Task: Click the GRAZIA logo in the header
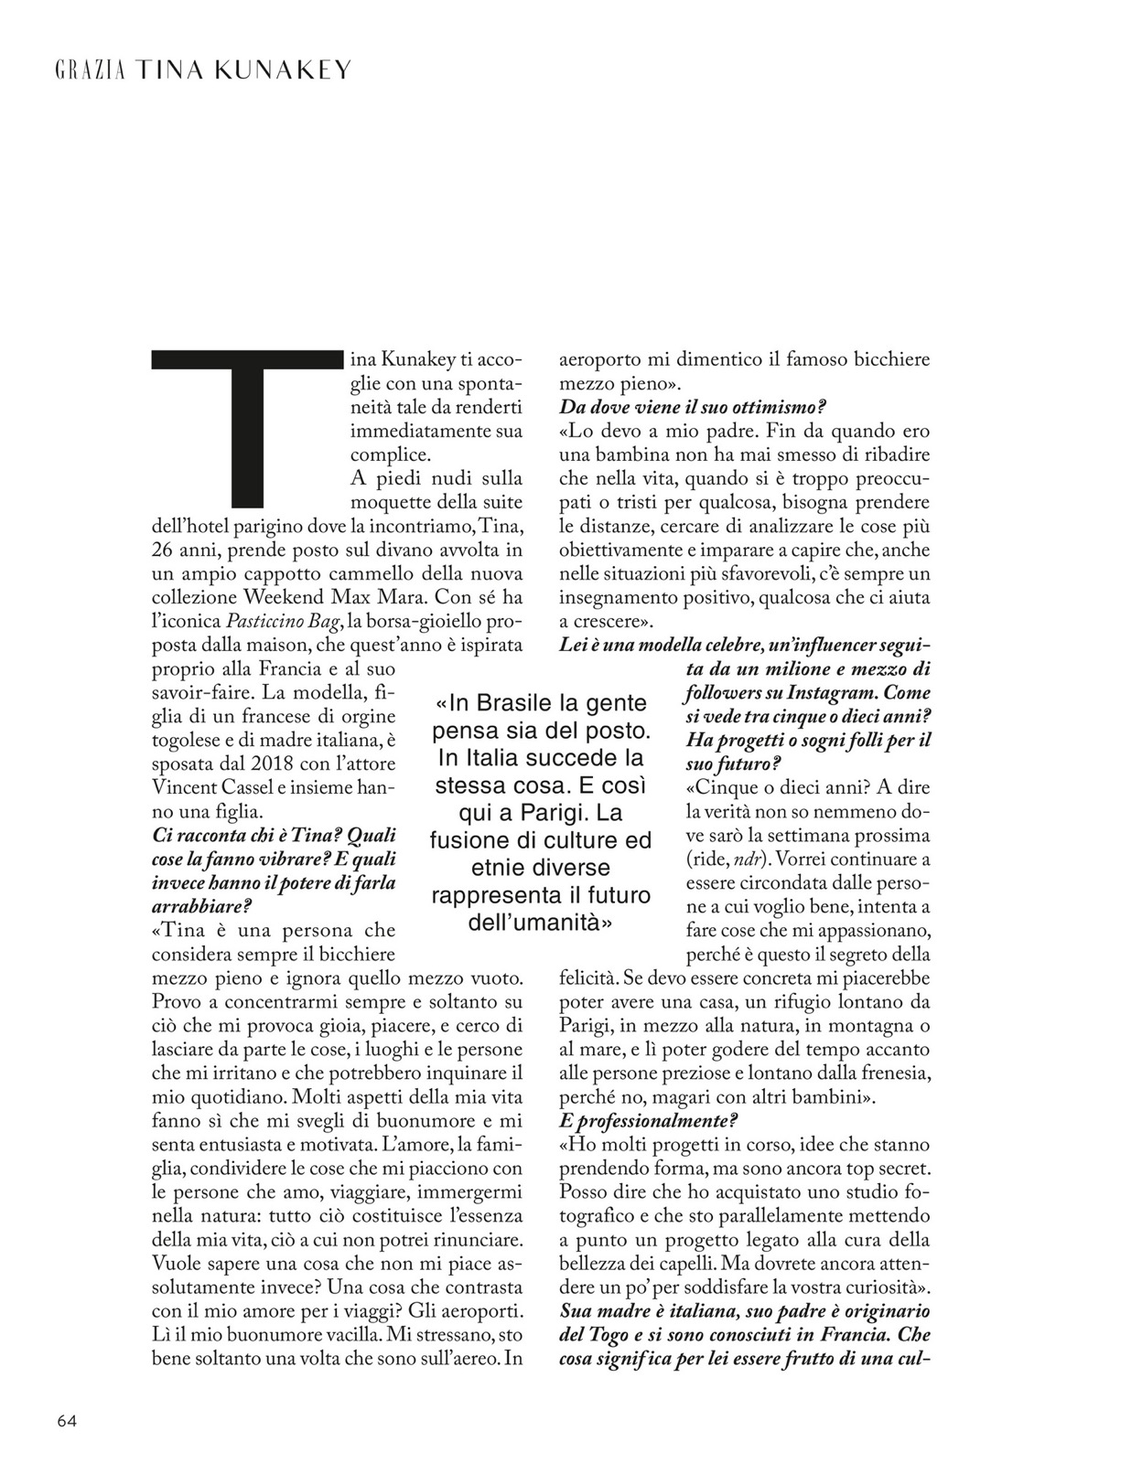(91, 70)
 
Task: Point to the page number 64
(67, 1420)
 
